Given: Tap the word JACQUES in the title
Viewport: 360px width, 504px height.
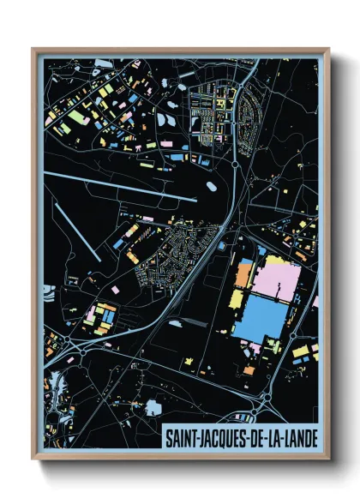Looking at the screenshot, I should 218,439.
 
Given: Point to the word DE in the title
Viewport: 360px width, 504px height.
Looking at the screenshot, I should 254,439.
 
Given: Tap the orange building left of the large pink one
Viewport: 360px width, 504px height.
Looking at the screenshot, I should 243,276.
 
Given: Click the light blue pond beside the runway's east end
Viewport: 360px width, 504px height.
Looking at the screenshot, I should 208,184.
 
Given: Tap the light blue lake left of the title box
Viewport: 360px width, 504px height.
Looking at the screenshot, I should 153,408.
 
